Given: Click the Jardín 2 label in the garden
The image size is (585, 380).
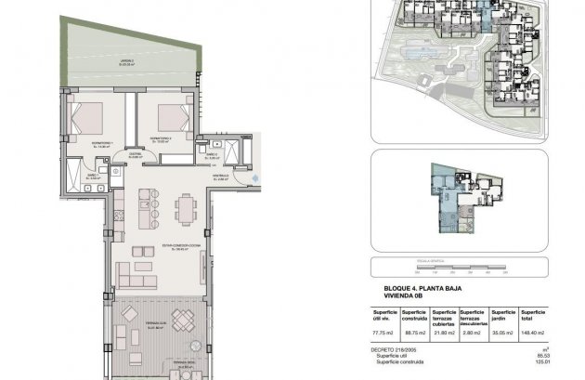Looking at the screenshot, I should click(x=126, y=61).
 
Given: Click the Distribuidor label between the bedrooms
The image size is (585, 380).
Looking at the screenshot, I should click(x=135, y=155).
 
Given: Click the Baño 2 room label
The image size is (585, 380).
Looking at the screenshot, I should click(x=212, y=157).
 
